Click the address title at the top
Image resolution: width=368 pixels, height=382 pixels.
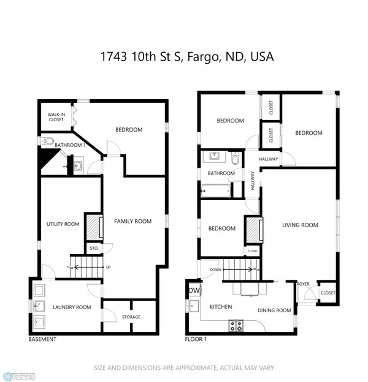click(x=187, y=57)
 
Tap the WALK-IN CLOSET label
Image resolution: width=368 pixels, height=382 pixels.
click(x=56, y=117)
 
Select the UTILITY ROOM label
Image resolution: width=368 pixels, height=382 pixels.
click(x=64, y=225)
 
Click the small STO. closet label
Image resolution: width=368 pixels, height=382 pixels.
click(x=94, y=249)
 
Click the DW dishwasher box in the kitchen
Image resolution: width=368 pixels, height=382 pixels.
click(x=194, y=291)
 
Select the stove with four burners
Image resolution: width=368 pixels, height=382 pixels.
click(x=236, y=326)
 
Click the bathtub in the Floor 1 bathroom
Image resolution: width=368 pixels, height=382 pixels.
click(x=216, y=191)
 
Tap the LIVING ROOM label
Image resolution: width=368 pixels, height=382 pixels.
click(x=300, y=225)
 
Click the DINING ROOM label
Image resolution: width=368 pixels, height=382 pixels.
click(x=274, y=310)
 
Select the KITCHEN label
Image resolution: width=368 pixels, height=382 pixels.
click(x=221, y=306)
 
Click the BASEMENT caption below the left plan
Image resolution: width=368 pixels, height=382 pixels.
click(x=42, y=339)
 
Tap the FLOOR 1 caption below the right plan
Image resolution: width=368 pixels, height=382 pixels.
click(x=197, y=339)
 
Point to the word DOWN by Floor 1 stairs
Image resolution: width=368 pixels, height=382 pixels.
click(x=215, y=269)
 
